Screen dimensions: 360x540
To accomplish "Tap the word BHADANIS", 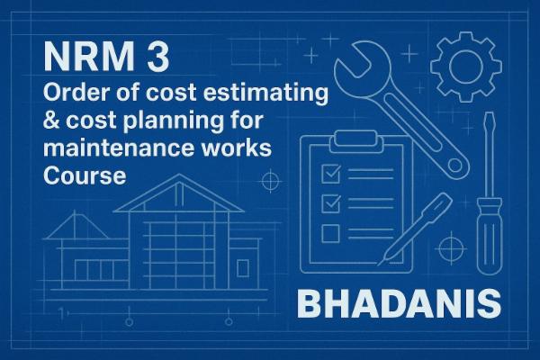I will point(397,303).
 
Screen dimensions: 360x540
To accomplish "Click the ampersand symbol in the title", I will point(52,121).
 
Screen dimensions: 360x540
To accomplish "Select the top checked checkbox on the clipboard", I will point(329,170).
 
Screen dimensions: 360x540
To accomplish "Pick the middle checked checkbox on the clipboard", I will point(329,202).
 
